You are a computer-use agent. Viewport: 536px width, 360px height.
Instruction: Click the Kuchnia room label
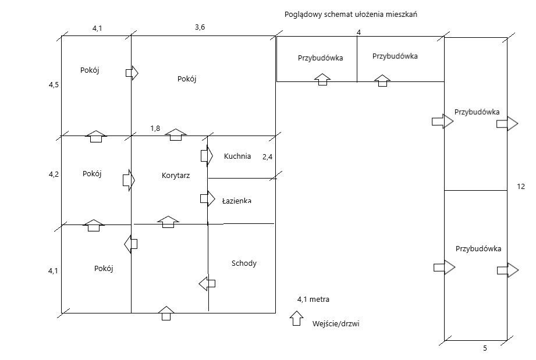click(x=237, y=156)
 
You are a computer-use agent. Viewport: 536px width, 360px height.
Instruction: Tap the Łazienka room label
click(x=236, y=201)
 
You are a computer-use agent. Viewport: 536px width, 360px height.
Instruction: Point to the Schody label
click(x=244, y=263)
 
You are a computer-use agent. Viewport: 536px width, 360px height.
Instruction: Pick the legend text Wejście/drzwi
click(x=336, y=323)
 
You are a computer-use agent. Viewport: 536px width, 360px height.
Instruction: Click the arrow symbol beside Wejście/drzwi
click(x=297, y=318)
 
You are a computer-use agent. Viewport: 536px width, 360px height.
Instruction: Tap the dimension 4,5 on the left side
click(x=54, y=85)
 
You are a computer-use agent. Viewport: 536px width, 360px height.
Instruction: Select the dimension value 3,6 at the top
click(x=200, y=27)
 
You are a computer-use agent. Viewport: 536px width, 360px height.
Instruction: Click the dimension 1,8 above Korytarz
click(x=155, y=129)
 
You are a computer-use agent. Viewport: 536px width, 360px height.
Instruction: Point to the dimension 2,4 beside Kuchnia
click(x=268, y=156)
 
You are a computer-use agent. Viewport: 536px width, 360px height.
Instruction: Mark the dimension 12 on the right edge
click(x=521, y=187)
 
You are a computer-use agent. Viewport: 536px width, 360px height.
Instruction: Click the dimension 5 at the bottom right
click(x=485, y=348)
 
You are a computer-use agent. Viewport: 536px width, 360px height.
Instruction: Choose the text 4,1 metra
click(x=313, y=300)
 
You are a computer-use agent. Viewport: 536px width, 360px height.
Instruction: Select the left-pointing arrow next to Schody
click(x=207, y=284)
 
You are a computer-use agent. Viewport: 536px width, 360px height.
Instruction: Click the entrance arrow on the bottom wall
click(x=166, y=313)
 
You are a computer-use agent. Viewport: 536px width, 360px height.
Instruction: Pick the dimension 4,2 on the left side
click(x=54, y=174)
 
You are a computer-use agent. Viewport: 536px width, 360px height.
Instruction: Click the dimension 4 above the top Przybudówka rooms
click(x=358, y=32)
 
